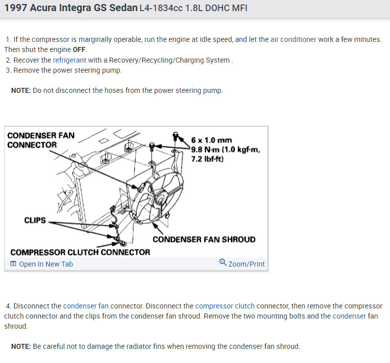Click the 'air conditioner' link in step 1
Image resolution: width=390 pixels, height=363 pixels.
(293, 39)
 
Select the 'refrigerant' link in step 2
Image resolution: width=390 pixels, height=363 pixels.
(69, 60)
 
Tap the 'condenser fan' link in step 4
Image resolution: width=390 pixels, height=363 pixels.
(86, 306)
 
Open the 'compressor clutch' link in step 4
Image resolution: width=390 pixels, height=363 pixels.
(225, 306)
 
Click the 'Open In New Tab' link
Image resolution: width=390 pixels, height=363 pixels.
(46, 264)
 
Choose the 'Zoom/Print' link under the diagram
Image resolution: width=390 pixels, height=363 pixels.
(246, 264)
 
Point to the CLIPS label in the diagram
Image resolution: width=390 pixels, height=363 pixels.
(35, 220)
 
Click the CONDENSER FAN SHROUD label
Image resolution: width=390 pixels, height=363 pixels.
(204, 239)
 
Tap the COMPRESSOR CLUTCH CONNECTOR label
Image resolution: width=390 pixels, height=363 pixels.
(80, 252)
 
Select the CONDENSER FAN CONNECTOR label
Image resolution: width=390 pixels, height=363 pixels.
(41, 140)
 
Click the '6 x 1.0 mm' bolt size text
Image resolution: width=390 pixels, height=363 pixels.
(211, 140)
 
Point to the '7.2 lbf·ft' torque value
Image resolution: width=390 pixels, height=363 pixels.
(207, 159)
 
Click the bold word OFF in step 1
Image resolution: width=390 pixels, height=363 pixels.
(79, 49)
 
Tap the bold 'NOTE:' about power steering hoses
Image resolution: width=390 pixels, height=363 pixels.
(21, 90)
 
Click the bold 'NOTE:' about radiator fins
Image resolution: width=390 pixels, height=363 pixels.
(21, 346)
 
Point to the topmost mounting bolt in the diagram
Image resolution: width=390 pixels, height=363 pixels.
(176, 136)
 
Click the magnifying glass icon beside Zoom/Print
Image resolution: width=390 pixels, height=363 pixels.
(223, 263)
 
